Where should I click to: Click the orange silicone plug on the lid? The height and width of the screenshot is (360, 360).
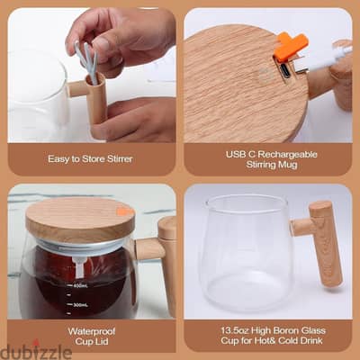(291, 44)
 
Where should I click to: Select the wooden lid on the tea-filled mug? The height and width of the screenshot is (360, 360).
(80, 219)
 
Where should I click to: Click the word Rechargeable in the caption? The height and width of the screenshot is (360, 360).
(287, 155)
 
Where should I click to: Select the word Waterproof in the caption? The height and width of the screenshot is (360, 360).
(92, 331)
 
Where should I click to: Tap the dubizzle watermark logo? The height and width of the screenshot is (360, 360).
(36, 351)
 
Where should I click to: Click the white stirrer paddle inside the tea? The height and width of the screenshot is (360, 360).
(79, 267)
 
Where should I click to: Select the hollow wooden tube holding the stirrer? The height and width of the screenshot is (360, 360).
(96, 99)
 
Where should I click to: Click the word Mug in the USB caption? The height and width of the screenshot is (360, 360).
(288, 165)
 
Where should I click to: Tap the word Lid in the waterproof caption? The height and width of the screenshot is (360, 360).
(102, 342)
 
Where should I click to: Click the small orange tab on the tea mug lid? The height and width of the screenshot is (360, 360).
(125, 211)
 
